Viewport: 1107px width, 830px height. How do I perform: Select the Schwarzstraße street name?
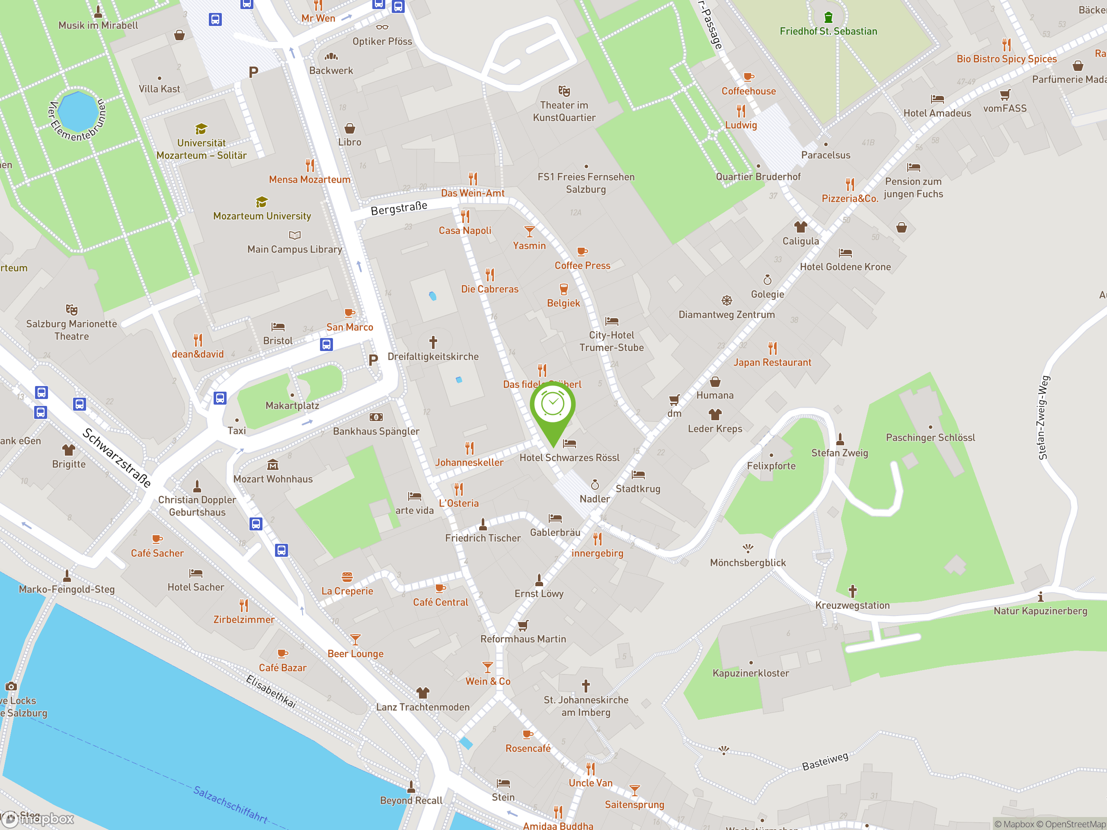117,458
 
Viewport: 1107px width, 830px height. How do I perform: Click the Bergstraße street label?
399,208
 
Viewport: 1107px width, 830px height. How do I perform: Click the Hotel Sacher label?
196,587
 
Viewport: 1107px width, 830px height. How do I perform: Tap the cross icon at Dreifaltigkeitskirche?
433,342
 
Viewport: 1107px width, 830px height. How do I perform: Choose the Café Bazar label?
282,667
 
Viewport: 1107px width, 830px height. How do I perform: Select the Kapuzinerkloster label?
750,673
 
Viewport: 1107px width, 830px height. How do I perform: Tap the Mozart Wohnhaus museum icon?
273,465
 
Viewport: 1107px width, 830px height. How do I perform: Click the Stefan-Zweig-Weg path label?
1043,417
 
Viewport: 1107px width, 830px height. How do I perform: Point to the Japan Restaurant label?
772,362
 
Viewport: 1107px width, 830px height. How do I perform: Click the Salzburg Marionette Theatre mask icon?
71,309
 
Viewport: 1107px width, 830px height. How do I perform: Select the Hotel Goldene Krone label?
845,267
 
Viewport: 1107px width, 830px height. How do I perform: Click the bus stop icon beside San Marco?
326,344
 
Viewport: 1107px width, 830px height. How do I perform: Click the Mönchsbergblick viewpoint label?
748,562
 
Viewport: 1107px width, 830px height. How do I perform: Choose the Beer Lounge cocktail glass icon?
355,639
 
